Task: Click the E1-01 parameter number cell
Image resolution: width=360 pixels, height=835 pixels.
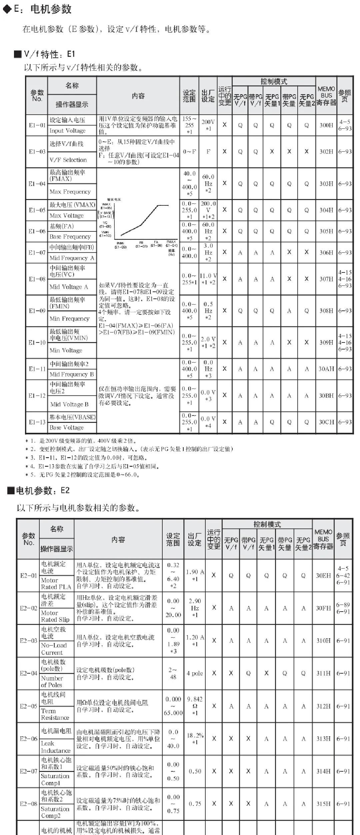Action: [x=37, y=125]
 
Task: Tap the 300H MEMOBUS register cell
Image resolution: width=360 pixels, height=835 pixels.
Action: [x=326, y=125]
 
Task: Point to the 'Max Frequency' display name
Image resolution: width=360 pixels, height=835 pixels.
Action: [x=70, y=192]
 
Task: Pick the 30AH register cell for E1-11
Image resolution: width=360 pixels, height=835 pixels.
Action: [x=326, y=369]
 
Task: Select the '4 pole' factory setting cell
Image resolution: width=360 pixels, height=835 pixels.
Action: [x=195, y=673]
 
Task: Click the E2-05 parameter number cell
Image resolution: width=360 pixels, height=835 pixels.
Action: [x=29, y=706]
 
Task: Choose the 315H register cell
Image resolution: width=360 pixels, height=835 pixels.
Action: [x=323, y=804]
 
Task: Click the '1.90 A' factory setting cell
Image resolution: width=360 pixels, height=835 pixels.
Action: [x=195, y=575]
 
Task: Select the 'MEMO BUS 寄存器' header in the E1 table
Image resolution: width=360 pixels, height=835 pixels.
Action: [x=326, y=96]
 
